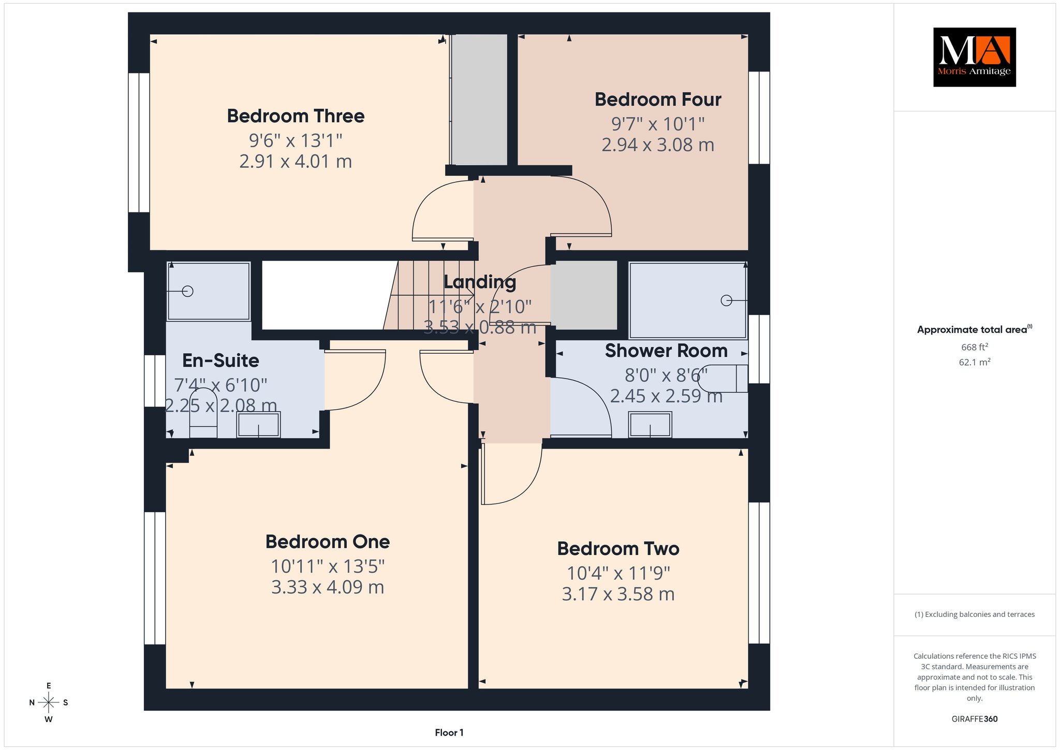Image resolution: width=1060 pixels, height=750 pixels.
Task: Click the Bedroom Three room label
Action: (296, 116)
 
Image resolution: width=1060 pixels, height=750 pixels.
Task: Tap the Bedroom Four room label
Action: (658, 99)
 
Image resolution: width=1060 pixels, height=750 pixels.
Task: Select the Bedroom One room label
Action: (328, 542)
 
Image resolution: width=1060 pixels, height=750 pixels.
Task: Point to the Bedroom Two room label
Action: (618, 549)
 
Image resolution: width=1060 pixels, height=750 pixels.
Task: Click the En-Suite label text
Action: (220, 360)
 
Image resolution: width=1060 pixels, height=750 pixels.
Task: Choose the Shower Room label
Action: (666, 351)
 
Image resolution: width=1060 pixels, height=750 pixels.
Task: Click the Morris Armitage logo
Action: (975, 57)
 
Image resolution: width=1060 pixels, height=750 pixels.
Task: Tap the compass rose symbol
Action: (49, 702)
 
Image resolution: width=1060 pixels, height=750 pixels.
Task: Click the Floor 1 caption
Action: (449, 732)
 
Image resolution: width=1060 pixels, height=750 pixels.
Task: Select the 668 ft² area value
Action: (975, 347)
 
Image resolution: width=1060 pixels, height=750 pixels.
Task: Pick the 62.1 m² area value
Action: (975, 362)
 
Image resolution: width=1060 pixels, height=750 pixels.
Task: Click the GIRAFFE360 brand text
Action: (975, 719)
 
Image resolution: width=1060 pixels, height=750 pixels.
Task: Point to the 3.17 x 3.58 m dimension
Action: (618, 594)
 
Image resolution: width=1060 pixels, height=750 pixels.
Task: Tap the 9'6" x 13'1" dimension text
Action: (296, 140)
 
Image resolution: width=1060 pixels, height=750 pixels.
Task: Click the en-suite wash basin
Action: (259, 424)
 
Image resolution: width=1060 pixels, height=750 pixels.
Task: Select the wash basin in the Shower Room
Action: (651, 424)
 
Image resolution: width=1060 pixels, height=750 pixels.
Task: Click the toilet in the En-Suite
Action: (203, 413)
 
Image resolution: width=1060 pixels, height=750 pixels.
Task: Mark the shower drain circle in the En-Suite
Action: (188, 292)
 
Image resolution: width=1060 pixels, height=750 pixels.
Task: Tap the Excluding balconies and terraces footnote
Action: (975, 614)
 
